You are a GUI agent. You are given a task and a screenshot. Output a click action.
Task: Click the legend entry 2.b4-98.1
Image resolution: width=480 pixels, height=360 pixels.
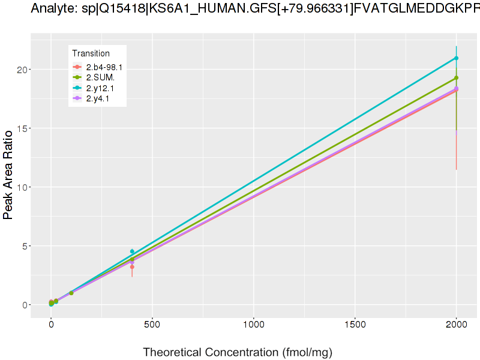tap(104, 67)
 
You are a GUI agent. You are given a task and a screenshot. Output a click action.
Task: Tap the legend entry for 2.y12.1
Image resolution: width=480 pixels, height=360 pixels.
tap(100, 88)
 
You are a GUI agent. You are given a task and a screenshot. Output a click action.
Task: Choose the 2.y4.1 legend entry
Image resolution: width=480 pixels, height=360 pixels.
tap(98, 98)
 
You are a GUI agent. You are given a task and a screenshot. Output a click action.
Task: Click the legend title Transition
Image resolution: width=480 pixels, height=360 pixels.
tap(91, 53)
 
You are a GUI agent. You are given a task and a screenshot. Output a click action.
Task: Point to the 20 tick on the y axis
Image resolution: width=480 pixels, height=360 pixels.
tap(22, 70)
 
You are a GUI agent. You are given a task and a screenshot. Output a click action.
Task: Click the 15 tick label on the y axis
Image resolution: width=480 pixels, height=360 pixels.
tap(22, 128)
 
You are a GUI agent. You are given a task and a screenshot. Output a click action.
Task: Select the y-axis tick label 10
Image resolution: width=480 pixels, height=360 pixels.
tap(22, 187)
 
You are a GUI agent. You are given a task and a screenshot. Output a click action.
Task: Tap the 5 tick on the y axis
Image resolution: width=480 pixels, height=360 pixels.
tap(24, 246)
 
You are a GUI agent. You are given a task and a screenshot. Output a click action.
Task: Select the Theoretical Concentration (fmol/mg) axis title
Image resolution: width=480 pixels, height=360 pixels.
tap(237, 352)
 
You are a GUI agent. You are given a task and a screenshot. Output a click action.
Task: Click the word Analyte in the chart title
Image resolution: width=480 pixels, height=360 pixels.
tap(50, 8)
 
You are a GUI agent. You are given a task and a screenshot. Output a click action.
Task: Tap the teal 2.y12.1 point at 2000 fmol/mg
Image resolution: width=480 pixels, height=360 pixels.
tap(456, 58)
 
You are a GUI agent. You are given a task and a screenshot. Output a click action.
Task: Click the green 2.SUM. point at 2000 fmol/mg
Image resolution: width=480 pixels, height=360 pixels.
tap(456, 78)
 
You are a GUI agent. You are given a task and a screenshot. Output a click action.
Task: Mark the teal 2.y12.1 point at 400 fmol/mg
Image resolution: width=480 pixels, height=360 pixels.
tap(132, 251)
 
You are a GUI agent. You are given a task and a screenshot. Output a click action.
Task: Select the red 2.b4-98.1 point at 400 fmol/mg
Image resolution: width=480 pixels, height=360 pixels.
tap(132, 267)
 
